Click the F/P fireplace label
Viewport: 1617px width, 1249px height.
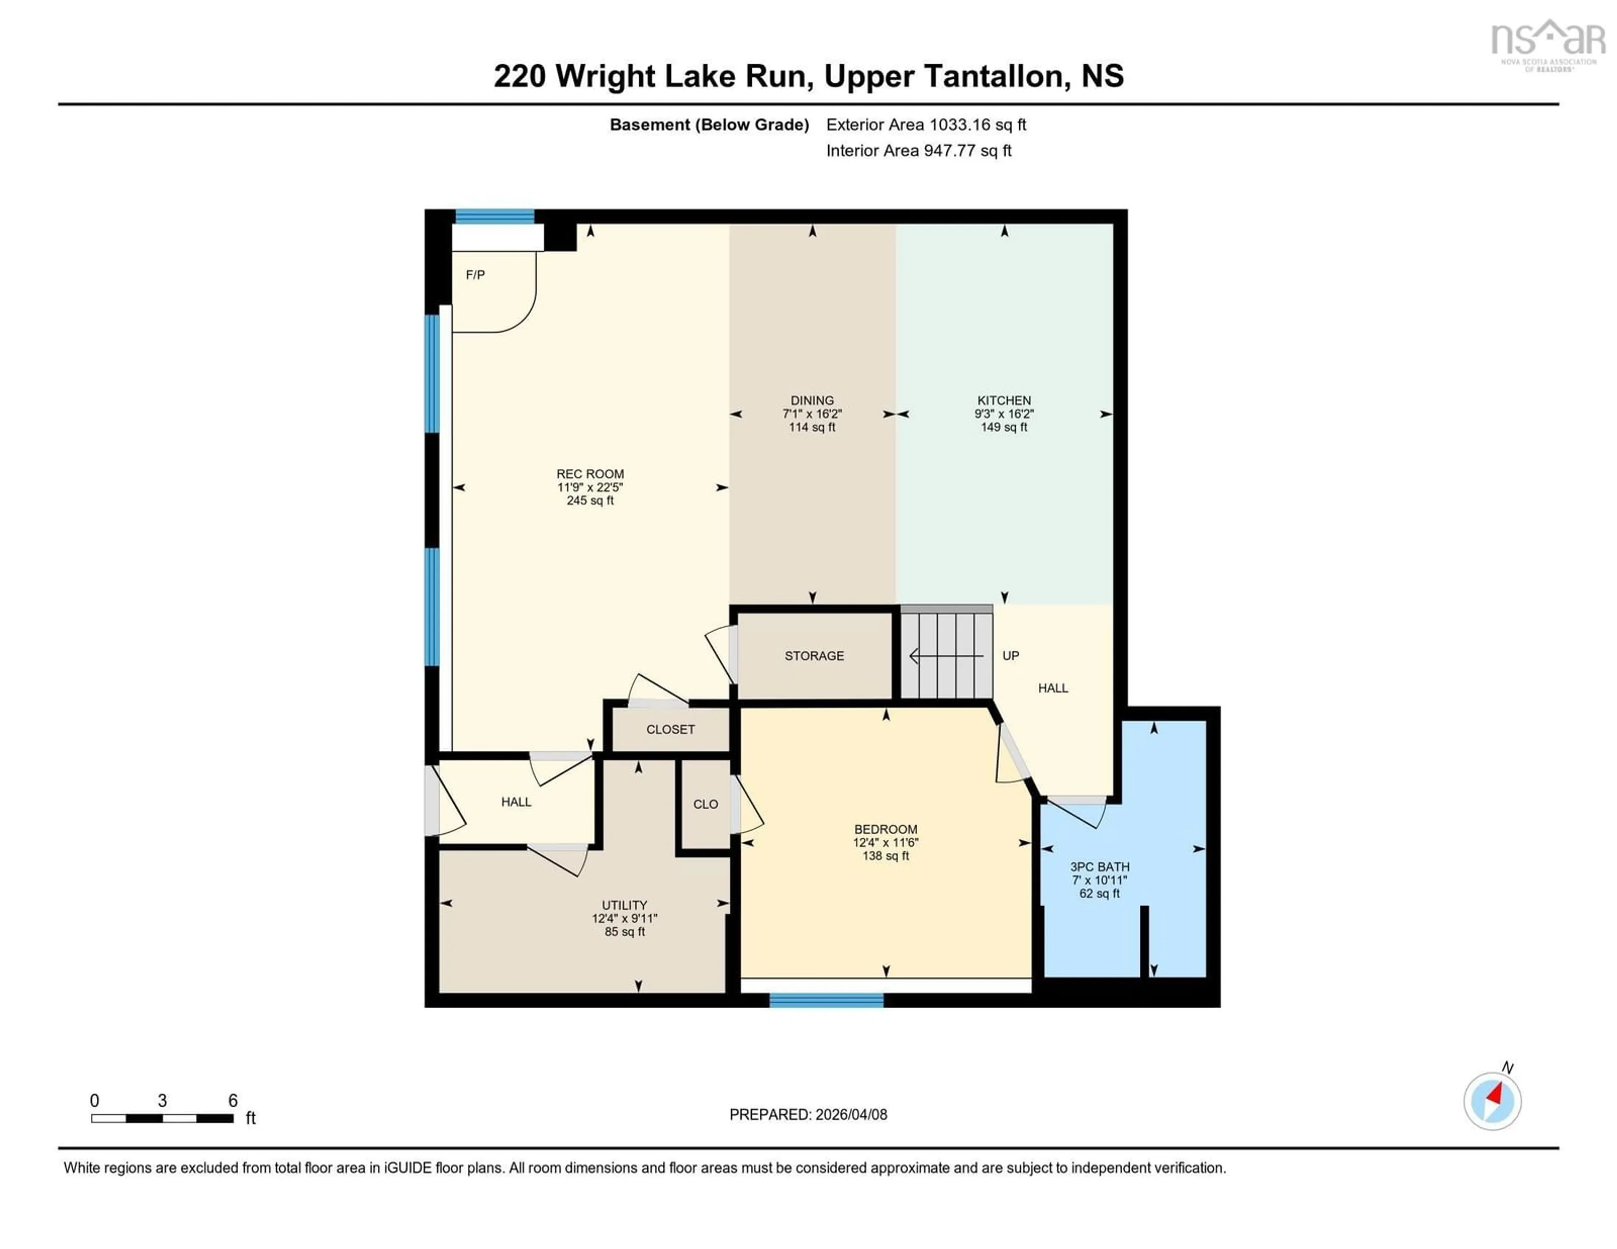475,275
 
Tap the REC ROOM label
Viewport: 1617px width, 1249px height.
590,474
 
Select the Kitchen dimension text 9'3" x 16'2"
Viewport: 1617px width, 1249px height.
1004,414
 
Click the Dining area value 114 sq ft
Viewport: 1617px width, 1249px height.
812,427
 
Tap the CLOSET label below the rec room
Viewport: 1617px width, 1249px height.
670,729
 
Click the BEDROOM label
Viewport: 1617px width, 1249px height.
886,829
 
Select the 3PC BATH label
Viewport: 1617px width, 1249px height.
1099,867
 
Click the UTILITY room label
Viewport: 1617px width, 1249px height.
624,905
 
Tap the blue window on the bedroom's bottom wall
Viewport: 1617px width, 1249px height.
826,1000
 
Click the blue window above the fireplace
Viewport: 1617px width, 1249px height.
495,216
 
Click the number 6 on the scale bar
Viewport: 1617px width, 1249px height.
232,1101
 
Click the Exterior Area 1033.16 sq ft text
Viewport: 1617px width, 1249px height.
926,124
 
